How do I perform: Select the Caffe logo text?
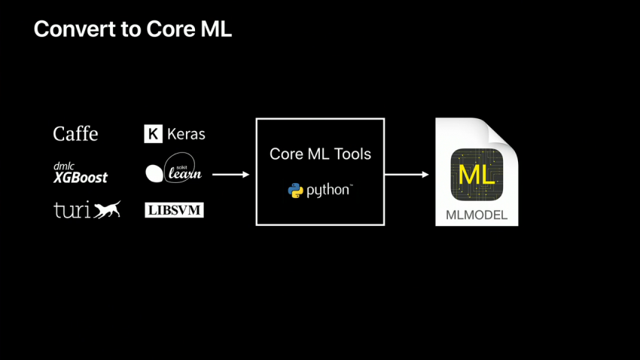pos(75,134)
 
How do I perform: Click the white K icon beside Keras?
pos(153,134)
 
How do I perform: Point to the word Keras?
pos(186,134)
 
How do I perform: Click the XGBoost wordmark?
pos(81,178)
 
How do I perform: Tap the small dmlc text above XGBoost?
pos(63,166)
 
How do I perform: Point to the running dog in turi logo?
pos(107,209)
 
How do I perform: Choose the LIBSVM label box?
pos(174,210)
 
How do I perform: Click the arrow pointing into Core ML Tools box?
pos(230,175)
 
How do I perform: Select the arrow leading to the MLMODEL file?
pos(407,175)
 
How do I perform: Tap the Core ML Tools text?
pos(320,154)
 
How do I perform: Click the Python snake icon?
pos(295,191)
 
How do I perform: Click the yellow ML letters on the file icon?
pos(477,175)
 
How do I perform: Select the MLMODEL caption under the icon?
pos(477,215)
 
